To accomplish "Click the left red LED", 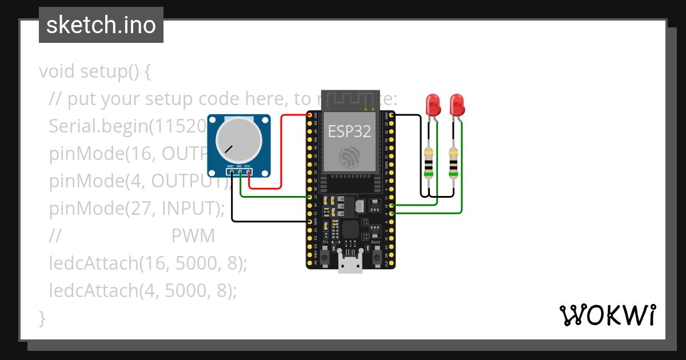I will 434,105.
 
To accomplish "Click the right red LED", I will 457,105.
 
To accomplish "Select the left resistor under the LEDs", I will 429,163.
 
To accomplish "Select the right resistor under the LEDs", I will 453,163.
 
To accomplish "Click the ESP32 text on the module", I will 349,131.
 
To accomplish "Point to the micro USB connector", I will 350,265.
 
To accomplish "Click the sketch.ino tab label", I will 101,25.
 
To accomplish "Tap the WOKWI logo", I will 607,315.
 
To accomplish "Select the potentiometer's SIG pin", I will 241,171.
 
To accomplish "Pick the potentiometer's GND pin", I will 232,171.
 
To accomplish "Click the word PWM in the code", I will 193,236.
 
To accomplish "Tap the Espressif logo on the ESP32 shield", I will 349,157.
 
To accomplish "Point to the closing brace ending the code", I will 42,318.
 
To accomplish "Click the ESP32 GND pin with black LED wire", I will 392,115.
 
